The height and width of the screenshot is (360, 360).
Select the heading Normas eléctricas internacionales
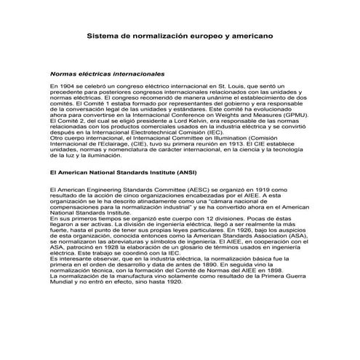106,74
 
